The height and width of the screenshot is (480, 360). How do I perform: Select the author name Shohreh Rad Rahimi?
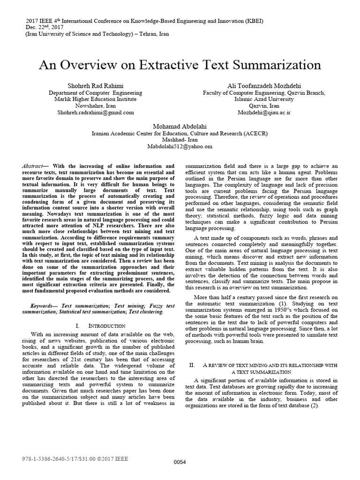pos(96,86)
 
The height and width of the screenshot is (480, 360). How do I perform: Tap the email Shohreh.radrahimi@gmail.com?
pos(96,112)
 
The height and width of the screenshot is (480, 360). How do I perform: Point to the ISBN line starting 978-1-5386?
pos(75,458)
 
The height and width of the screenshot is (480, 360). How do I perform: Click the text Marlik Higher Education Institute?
pos(96,99)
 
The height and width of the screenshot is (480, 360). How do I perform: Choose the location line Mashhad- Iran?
pos(180,140)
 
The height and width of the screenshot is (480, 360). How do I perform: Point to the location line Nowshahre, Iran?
pos(96,106)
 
